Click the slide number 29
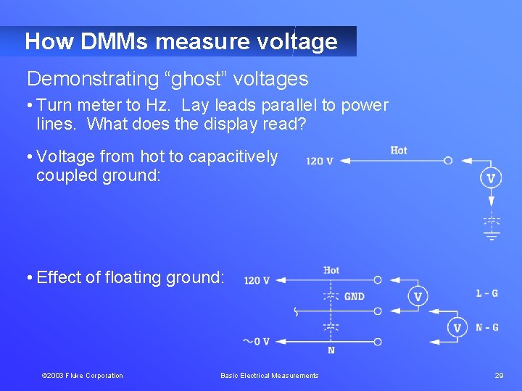(499, 375)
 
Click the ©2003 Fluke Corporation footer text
(83, 375)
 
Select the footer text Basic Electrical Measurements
(270, 375)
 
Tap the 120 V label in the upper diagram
(319, 161)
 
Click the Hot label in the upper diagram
(399, 150)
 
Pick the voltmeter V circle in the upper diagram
(491, 178)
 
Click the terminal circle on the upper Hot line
(448, 161)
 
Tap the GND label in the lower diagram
(355, 296)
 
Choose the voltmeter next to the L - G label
(418, 297)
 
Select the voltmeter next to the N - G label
(457, 328)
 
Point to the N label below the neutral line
(331, 351)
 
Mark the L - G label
(487, 293)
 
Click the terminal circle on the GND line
(378, 311)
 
